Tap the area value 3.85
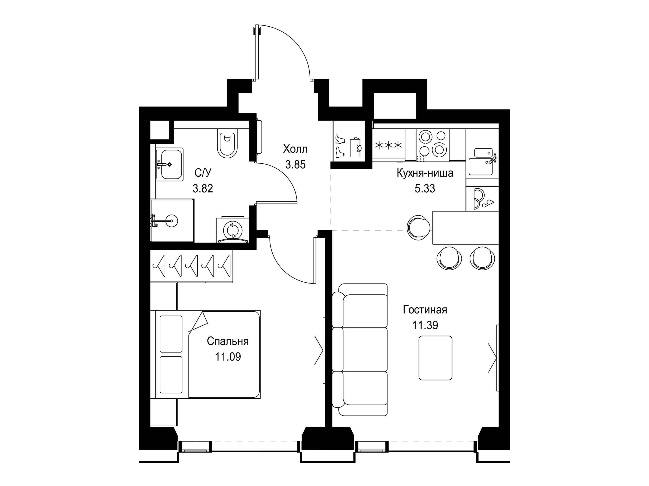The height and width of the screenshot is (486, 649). (x=296, y=165)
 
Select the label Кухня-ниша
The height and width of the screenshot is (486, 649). (x=425, y=173)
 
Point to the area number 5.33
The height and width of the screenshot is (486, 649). (x=425, y=189)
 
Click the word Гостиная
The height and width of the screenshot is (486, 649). (x=425, y=310)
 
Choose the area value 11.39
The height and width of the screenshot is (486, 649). (x=425, y=325)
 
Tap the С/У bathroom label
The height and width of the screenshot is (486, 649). (x=203, y=173)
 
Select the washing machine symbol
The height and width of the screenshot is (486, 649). (x=233, y=230)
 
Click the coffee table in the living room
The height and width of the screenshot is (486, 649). (x=435, y=358)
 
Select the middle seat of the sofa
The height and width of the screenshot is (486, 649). (x=360, y=349)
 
